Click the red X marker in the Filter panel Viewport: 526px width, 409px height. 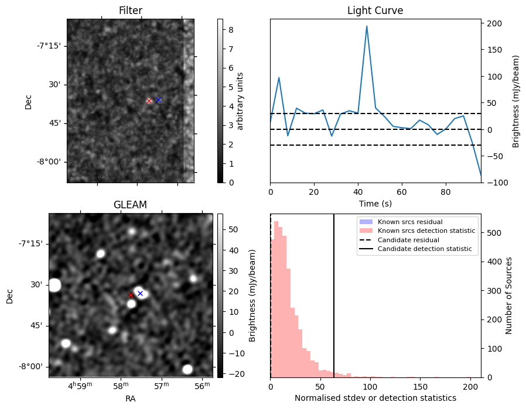tap(149, 101)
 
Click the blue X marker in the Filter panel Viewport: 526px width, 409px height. tap(158, 99)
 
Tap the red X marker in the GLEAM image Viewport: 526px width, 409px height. tap(131, 295)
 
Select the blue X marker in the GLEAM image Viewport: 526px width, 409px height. tap(140, 293)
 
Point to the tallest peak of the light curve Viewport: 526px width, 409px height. tap(367, 26)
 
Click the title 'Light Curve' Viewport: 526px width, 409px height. tap(375, 11)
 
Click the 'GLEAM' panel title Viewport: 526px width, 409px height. tap(130, 205)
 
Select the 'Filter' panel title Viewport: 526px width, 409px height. tap(131, 11)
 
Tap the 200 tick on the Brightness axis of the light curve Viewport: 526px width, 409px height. tap(495, 23)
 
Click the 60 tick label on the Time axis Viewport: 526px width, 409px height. tap(402, 192)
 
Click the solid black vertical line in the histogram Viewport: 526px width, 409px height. tap(334, 295)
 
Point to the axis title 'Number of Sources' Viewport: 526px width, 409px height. tap(508, 295)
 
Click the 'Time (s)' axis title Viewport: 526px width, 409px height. tap(375, 203)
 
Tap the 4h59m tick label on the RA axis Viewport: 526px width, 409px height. tap(80, 386)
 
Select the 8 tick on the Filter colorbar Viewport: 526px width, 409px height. tap(231, 30)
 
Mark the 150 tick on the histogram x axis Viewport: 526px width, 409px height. tap(420, 387)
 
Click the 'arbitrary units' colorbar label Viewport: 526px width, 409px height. tap(240, 101)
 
